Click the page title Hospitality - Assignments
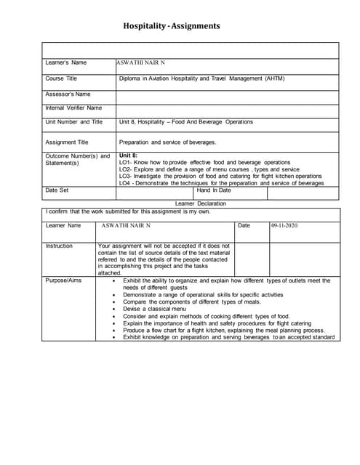coord(172,26)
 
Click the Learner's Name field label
coord(66,62)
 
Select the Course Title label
coord(61,78)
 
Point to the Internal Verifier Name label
coord(73,108)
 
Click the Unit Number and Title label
coord(73,122)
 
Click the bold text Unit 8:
coord(128,155)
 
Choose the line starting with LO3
coord(220,177)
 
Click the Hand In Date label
coord(214,190)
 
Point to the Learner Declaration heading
coord(201,204)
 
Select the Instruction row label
coord(59,246)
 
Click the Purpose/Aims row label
coord(63,280)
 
